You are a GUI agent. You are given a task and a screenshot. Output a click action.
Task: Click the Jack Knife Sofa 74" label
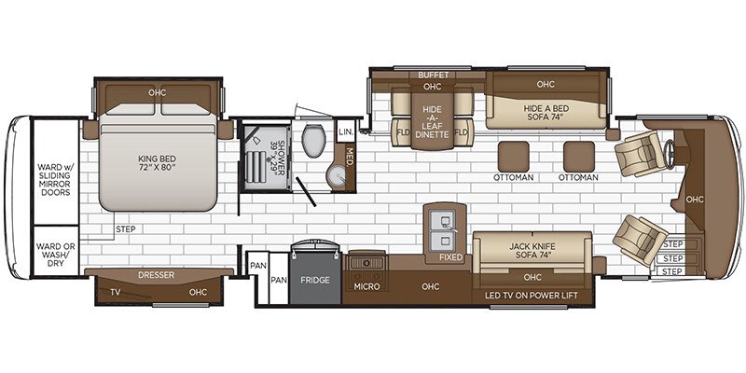pyautogui.click(x=533, y=250)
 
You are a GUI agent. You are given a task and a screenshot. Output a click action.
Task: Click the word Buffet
pyautogui.click(x=433, y=74)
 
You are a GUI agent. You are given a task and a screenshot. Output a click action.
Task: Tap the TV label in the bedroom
pyautogui.click(x=115, y=292)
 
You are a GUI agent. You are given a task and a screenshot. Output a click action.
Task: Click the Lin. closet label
pyautogui.click(x=345, y=131)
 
